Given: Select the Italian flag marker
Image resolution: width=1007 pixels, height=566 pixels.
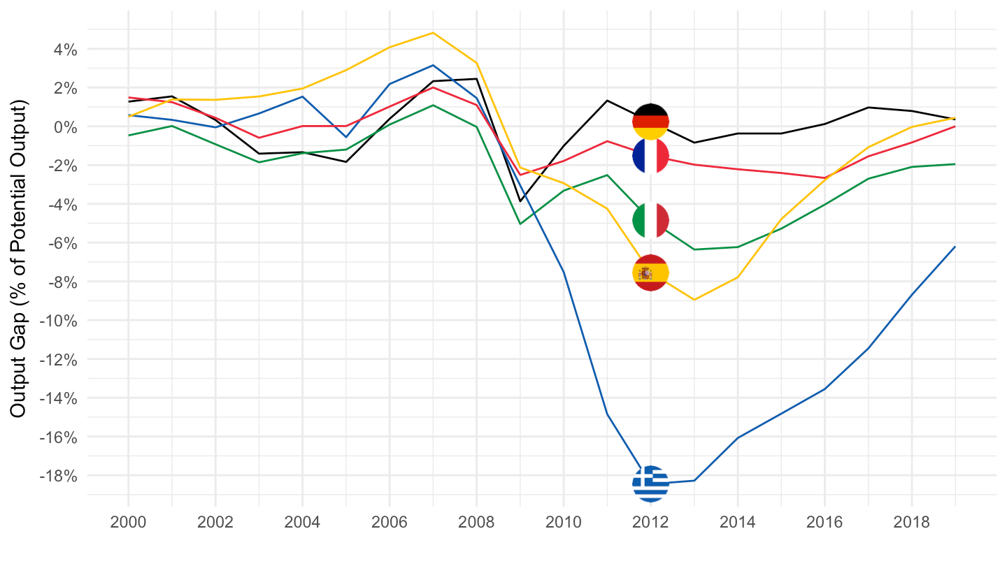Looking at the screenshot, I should pos(650,220).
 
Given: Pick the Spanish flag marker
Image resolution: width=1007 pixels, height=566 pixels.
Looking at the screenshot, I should pos(650,273).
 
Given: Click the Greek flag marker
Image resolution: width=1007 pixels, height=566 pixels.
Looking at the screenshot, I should pos(650,483).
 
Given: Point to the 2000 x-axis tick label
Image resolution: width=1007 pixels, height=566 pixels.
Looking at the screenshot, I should pos(129,523).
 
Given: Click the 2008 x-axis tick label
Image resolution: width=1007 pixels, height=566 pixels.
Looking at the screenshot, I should pos(476,523).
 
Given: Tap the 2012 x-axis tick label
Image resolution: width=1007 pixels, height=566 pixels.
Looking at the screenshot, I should pos(650,523).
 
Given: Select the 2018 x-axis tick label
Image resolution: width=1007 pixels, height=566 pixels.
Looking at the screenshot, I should pos(911,523).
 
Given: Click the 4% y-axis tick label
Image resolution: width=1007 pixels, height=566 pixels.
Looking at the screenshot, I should pos(62,50).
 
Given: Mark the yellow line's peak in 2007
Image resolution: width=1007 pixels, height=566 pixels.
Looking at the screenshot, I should pos(433,33).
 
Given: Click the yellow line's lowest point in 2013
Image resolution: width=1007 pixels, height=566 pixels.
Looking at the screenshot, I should pos(694,300).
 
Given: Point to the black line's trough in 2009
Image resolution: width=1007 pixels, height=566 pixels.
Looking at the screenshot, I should pos(520,201).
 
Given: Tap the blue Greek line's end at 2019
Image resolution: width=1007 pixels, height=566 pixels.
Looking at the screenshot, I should pos(955,247).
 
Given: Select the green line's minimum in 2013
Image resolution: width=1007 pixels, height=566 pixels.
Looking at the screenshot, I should pos(694,249).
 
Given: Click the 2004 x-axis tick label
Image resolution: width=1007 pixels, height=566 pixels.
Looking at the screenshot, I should pos(302,523).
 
